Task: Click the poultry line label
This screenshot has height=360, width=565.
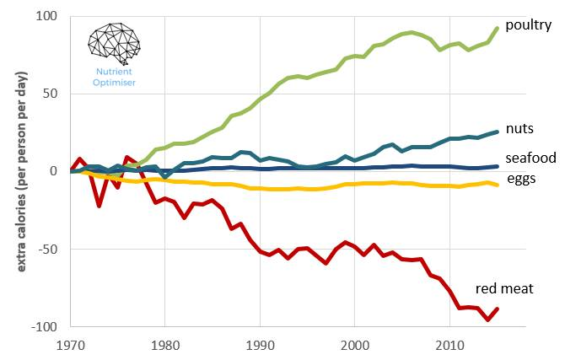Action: (528, 25)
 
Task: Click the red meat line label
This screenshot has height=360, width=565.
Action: (503, 289)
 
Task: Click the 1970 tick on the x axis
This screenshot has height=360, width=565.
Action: (72, 345)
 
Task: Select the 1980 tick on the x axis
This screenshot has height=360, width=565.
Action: (165, 345)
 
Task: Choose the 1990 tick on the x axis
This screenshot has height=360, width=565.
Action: (260, 345)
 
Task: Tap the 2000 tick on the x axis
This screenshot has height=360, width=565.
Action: (354, 345)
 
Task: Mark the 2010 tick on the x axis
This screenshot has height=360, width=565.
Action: (449, 345)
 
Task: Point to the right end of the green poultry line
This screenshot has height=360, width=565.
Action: (498, 28)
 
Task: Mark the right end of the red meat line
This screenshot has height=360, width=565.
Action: (498, 309)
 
